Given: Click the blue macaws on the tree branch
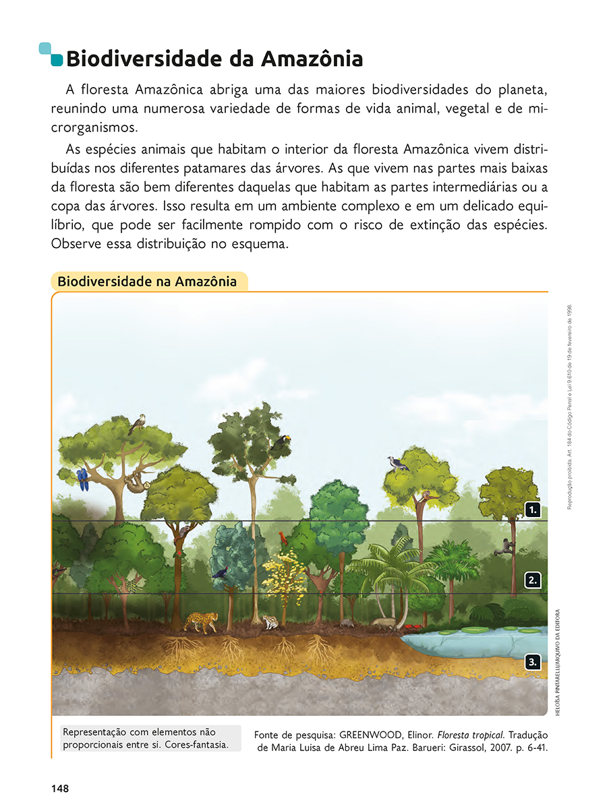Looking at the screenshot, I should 82,479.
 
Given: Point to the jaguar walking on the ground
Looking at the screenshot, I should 201,621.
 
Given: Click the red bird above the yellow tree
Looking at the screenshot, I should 282,538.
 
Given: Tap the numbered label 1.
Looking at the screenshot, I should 533,510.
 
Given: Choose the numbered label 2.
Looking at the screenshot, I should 533,579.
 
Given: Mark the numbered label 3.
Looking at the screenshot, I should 533,662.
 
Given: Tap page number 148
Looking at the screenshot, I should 59,788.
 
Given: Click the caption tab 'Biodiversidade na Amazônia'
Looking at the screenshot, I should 147,281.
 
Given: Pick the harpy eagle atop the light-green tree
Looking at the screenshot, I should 397,463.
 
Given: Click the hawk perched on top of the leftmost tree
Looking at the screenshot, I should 138,423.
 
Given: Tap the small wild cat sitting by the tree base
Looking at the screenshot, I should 270,622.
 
